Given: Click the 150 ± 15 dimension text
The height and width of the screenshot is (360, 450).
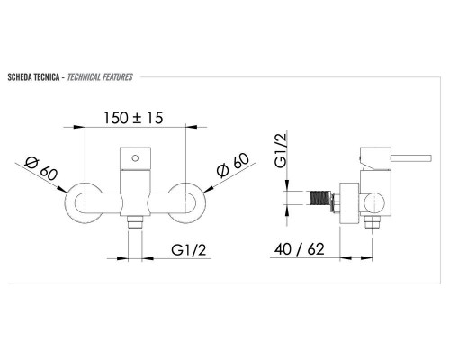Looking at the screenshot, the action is point(133,118).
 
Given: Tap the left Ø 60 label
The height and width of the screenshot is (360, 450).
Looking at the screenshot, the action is point(40,168).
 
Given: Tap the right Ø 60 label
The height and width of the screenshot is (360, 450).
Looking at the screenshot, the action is point(233,165).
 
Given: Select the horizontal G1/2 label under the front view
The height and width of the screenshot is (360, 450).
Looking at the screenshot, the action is point(189,249).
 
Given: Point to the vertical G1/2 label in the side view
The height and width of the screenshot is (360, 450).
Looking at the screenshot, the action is point(281,150).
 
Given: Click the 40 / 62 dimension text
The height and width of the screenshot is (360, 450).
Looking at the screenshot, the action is point(300,249).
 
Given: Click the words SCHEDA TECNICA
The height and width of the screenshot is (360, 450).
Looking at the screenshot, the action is point(33,77).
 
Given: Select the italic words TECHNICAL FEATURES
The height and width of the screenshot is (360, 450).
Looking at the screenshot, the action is point(100,77).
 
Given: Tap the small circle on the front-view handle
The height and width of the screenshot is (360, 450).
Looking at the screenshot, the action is point(135,158).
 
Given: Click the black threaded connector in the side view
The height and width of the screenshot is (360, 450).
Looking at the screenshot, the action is point(320,199).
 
